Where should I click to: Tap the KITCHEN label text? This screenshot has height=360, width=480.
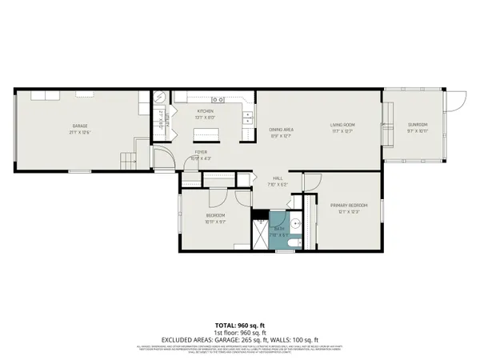click(206, 111)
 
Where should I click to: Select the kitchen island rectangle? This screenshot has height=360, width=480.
click(206, 134)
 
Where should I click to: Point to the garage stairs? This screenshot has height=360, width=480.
click(127, 161)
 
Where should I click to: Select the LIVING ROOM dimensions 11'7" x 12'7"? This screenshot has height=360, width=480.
click(343, 130)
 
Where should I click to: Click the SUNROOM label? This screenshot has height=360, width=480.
click(418, 124)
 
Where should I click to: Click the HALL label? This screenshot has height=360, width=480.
click(278, 178)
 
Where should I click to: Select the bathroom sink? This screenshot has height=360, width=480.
click(294, 224)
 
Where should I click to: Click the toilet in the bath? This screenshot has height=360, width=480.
click(294, 241)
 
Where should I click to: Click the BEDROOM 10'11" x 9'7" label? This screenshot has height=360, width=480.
click(216, 218)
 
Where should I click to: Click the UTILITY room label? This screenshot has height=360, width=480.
click(161, 124)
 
